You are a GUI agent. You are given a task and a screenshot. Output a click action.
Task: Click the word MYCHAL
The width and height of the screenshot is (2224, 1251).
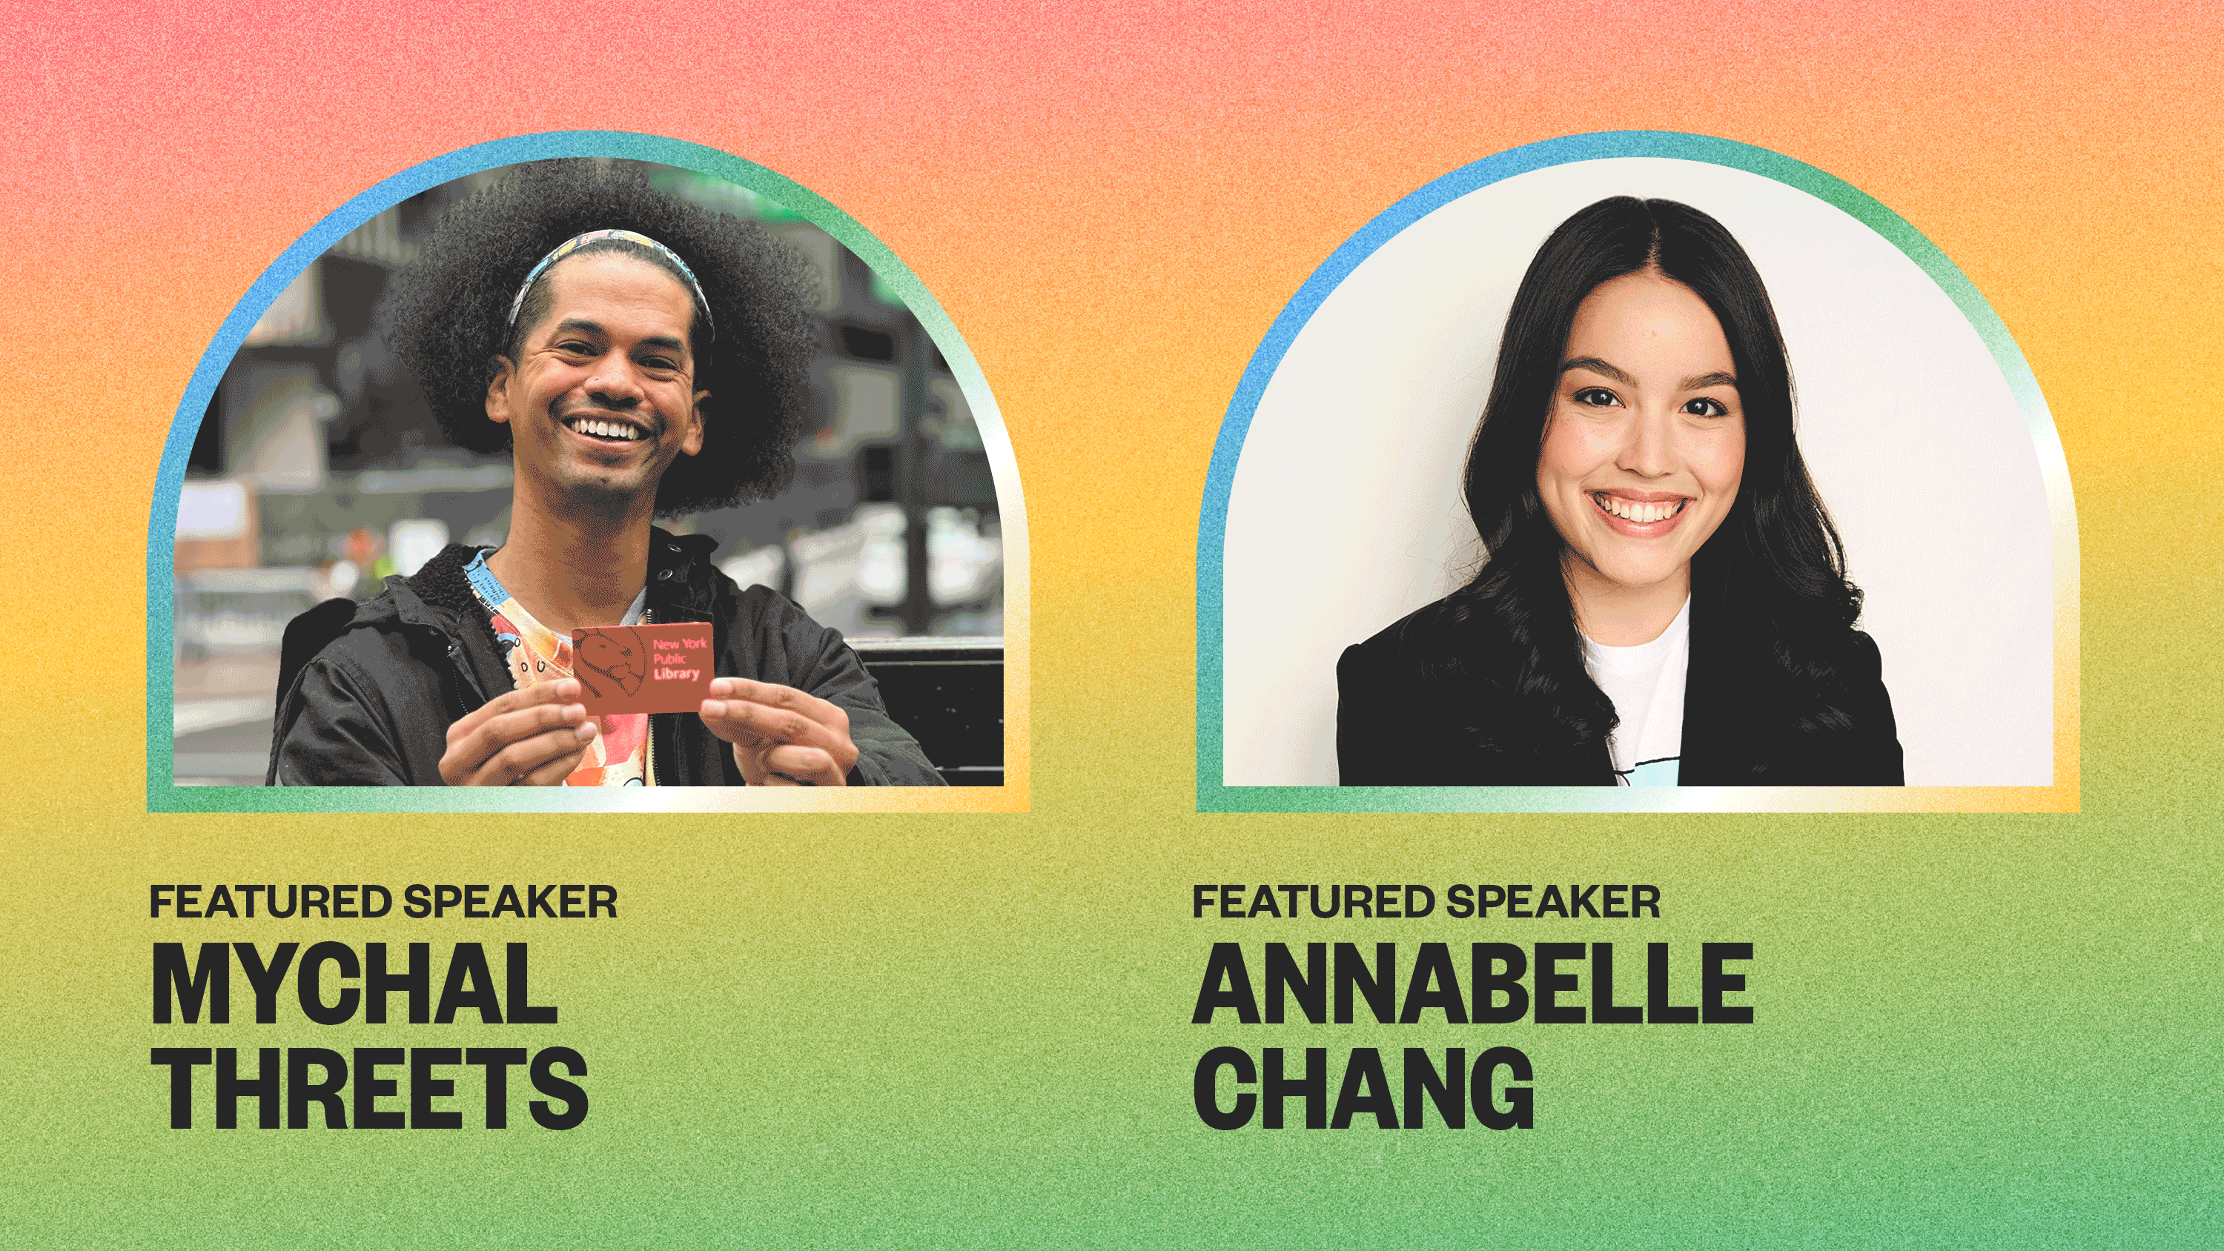tap(354, 983)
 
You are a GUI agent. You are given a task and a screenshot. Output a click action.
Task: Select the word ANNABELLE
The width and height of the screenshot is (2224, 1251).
tap(1473, 983)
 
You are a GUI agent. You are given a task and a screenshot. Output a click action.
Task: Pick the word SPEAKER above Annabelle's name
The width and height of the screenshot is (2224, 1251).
tap(1553, 901)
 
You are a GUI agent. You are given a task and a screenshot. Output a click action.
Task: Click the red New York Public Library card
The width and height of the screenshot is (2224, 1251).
tap(643, 667)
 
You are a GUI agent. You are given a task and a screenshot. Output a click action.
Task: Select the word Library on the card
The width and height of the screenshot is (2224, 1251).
tap(676, 674)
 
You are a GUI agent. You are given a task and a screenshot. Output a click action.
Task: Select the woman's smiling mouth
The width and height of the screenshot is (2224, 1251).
tap(1638, 511)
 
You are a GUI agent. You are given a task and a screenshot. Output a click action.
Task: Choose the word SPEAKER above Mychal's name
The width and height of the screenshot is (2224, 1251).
tap(510, 901)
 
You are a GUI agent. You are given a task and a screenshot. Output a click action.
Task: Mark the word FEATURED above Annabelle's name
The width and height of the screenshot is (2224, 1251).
tap(1313, 901)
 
